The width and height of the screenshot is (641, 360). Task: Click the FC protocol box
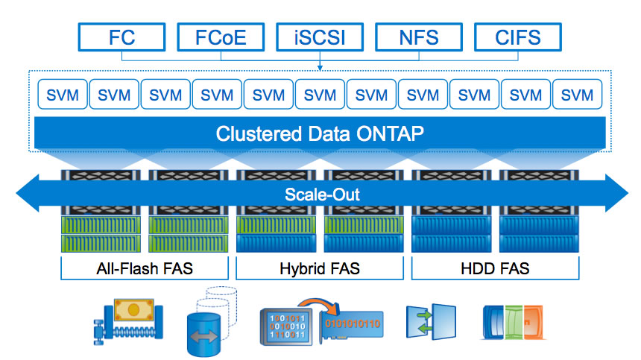pyautogui.click(x=121, y=37)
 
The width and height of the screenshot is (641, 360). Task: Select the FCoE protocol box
pyautogui.click(x=221, y=37)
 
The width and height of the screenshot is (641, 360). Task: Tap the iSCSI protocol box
pyautogui.click(x=320, y=37)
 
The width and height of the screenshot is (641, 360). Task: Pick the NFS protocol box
pyautogui.click(x=419, y=37)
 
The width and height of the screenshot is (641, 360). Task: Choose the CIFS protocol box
pyautogui.click(x=518, y=37)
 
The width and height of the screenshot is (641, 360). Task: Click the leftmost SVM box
pyautogui.click(x=63, y=95)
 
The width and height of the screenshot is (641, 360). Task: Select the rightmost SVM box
pyautogui.click(x=577, y=95)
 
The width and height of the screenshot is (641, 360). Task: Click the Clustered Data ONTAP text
pyautogui.click(x=320, y=133)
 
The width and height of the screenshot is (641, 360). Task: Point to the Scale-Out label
pyautogui.click(x=322, y=195)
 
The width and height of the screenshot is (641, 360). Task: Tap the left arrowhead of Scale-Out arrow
pyautogui.click(x=28, y=193)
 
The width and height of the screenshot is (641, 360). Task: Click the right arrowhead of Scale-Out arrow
pyautogui.click(x=617, y=193)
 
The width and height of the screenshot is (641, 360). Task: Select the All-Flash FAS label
pyautogui.click(x=145, y=268)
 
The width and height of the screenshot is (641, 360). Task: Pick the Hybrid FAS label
pyautogui.click(x=320, y=268)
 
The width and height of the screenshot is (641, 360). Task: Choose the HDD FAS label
pyautogui.click(x=495, y=268)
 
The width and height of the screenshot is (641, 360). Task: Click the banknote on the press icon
pyautogui.click(x=133, y=309)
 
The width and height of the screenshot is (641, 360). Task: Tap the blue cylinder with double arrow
pyautogui.click(x=203, y=334)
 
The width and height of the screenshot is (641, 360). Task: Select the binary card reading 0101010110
pyautogui.click(x=352, y=324)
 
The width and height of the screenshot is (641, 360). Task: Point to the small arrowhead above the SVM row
pyautogui.click(x=320, y=68)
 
